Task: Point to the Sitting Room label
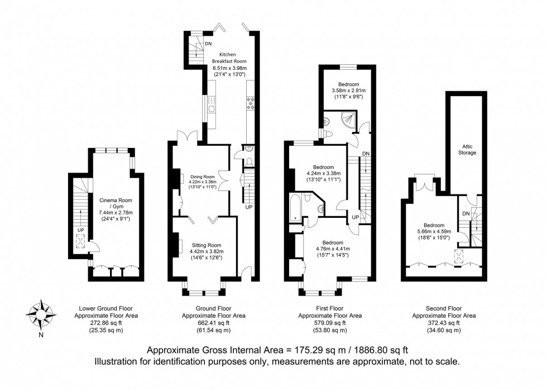207,245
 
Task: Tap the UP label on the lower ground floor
80,230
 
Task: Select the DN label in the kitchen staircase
208,44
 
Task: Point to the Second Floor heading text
444,308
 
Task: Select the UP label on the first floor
355,217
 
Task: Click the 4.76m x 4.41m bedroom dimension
333,249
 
